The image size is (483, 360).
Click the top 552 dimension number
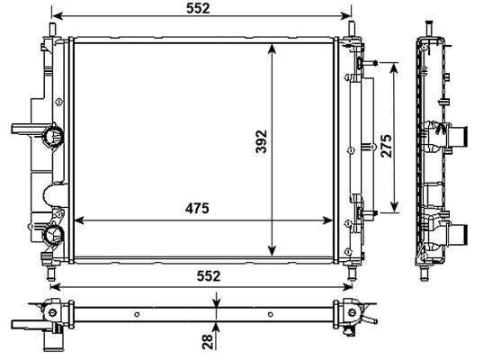coord(198,8)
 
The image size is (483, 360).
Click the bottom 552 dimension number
coord(209,276)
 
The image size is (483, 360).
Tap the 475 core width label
coord(197,209)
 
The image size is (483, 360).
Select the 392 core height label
coord(262,141)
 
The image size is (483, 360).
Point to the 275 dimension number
coord(386,146)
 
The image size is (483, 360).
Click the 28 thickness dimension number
coord(208,341)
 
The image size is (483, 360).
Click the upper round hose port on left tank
coord(53,135)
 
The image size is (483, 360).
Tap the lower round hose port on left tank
coord(53,235)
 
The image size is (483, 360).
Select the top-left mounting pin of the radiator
coord(53,31)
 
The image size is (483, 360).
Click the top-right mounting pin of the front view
coord(352,30)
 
